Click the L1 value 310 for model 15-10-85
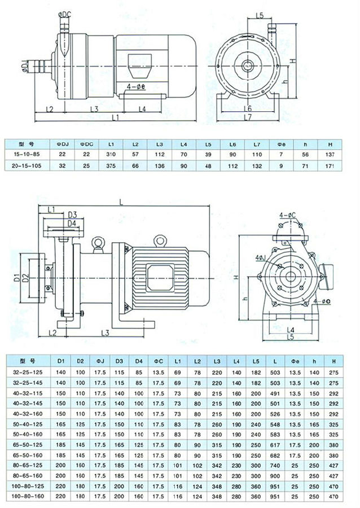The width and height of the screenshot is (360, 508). click(x=111, y=154)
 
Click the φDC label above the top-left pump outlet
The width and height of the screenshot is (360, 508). click(x=64, y=12)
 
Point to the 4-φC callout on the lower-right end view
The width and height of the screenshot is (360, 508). click(x=288, y=214)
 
